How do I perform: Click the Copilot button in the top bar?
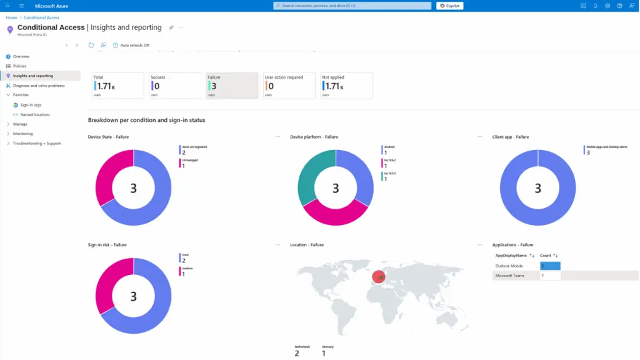pos(450,6)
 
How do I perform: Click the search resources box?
pos(352,6)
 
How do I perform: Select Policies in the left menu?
pos(19,66)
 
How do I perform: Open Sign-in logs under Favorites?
pos(31,105)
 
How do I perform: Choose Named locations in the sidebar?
pos(35,114)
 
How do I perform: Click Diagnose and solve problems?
pos(38,86)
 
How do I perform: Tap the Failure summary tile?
pos(232,86)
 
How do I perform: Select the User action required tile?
pos(289,86)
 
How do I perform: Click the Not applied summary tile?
pos(346,86)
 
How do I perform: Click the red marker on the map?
pos(379,277)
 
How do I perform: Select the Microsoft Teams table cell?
pos(516,275)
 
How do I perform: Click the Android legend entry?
pos(389,147)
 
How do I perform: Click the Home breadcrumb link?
pos(11,17)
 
